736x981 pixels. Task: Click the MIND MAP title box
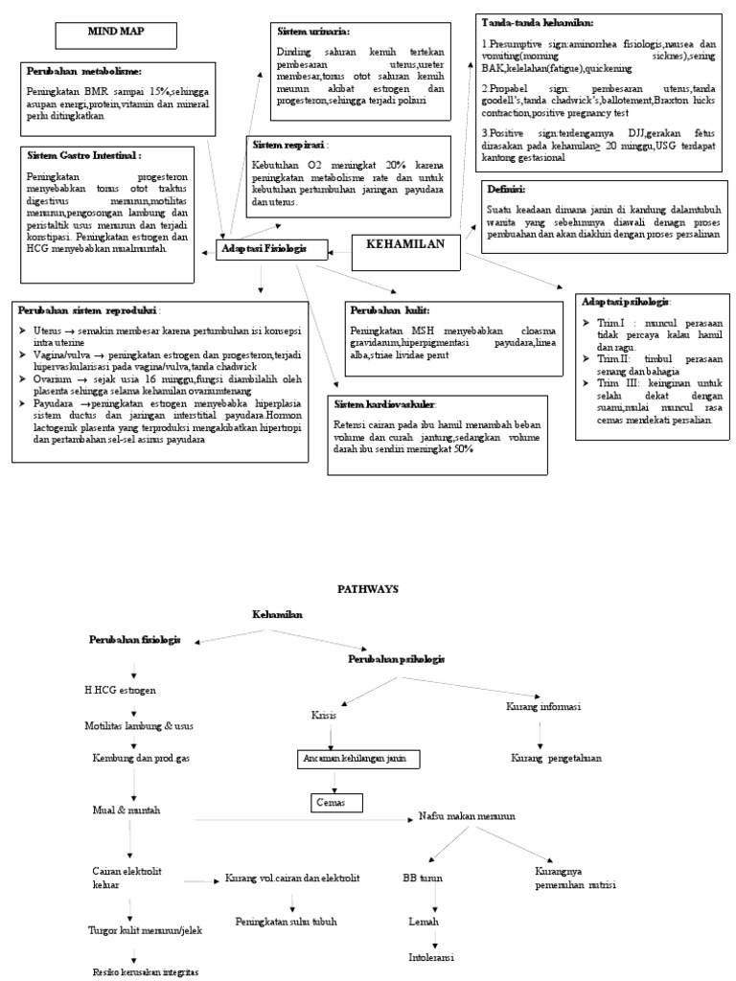click(x=115, y=34)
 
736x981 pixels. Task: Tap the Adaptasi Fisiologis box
click(x=264, y=250)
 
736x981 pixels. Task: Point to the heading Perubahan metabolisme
click(x=84, y=71)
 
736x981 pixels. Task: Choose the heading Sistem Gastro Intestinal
click(x=85, y=154)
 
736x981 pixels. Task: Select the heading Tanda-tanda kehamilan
click(x=538, y=22)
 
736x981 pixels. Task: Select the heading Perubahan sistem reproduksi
click(x=89, y=309)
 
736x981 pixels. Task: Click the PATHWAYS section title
click(x=368, y=589)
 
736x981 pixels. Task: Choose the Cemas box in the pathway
click(x=333, y=801)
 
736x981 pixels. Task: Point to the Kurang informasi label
click(x=542, y=707)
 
